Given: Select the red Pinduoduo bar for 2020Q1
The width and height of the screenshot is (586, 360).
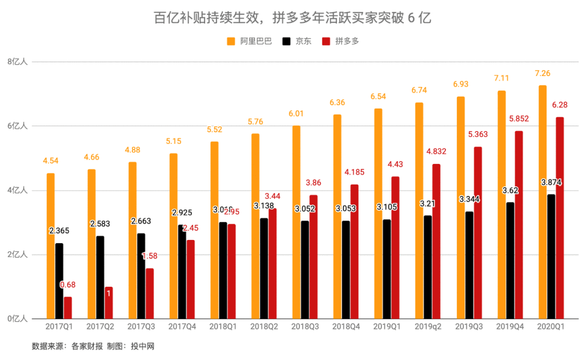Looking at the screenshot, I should (x=559, y=218).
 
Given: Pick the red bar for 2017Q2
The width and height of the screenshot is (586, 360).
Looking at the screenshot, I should (x=109, y=302).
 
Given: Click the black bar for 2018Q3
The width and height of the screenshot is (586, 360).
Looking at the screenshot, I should (x=305, y=269).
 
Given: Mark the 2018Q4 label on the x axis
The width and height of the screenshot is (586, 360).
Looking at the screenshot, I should (x=346, y=327).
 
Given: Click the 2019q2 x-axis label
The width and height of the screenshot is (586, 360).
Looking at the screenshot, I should (x=428, y=327).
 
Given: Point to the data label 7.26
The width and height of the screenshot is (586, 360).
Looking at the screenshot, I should (x=543, y=73).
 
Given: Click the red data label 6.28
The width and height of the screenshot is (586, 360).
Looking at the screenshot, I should (x=559, y=105).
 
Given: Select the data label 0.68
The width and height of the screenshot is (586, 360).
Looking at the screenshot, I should (x=68, y=285).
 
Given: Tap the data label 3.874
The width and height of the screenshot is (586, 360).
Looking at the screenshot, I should (x=551, y=183).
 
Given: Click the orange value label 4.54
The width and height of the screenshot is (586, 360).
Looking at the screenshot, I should (x=51, y=161).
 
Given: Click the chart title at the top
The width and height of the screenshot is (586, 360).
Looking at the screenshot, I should (x=292, y=18).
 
